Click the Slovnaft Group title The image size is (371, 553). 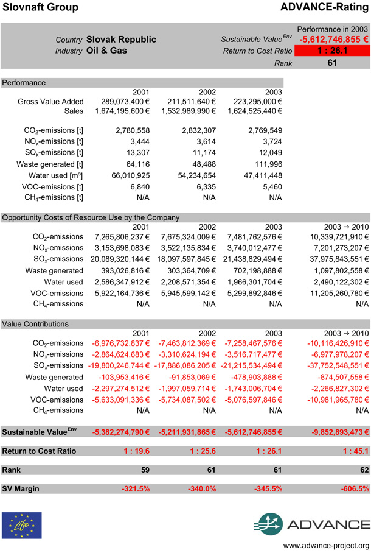pyautogui.click(x=40, y=7)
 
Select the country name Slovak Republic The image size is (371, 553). pyautogui.click(x=121, y=40)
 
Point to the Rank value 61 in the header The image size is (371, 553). pyautogui.click(x=331, y=62)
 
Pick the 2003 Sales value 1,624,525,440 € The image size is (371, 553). pyautogui.click(x=249, y=111)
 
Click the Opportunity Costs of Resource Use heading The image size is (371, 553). pyautogui.click(x=91, y=217)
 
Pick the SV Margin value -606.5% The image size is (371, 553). pyautogui.click(x=354, y=489)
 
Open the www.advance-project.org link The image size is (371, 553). pyautogui.click(x=327, y=545)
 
